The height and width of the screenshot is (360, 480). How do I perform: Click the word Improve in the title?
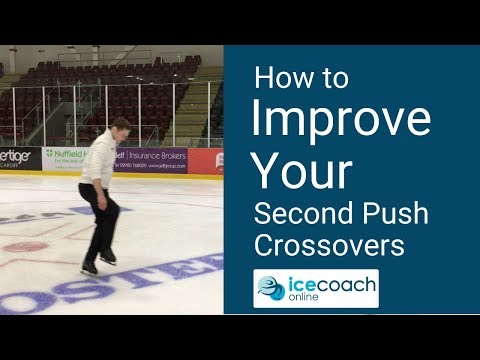pos(340,119)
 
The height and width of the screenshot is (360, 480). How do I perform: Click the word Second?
pos(297,212)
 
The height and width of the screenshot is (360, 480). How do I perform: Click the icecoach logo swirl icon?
pos(272,288)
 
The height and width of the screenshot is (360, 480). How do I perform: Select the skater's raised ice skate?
pos(107,257)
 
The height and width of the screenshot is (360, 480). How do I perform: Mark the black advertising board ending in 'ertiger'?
pos(18,158)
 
